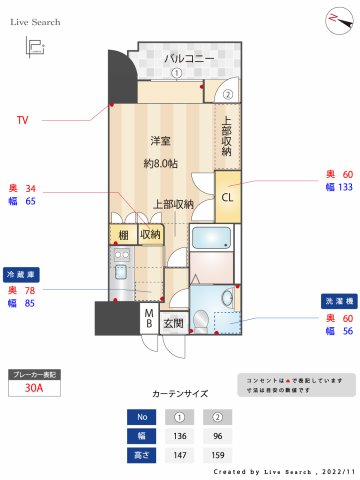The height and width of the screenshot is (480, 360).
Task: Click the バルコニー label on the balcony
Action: [x=190, y=59]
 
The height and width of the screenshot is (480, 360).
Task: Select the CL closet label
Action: [x=227, y=196]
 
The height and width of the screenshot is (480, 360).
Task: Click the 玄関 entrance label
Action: [x=174, y=323]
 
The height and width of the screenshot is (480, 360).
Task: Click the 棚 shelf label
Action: [x=123, y=235]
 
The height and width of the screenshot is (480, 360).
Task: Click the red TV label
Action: [x=23, y=121]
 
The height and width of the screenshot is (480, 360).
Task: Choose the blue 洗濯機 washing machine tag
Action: [x=336, y=300]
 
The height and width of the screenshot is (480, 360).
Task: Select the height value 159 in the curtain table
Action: [x=217, y=455]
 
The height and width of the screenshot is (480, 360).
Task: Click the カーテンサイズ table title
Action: [x=181, y=395]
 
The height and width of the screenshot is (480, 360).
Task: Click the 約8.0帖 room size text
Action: [x=161, y=163]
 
